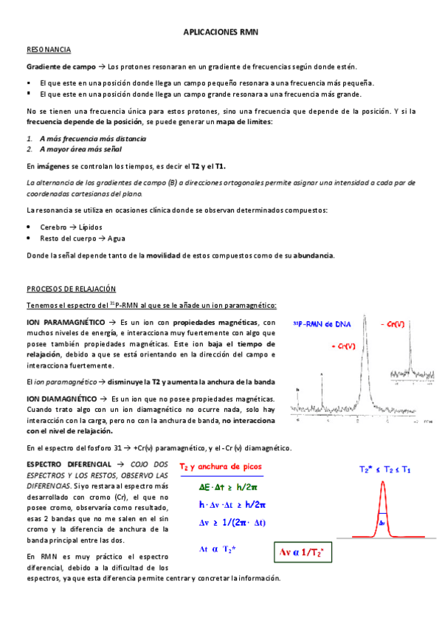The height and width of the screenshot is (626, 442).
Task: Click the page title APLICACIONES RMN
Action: pyautogui.click(x=221, y=33)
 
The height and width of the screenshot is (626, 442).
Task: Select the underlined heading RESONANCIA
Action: pyautogui.click(x=49, y=49)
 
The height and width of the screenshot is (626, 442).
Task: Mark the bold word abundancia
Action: pyautogui.click(x=314, y=255)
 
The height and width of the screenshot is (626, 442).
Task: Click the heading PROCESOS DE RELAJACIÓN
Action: pyautogui.click(x=76, y=289)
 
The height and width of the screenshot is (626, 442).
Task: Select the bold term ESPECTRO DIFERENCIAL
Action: pyautogui.click(x=65, y=464)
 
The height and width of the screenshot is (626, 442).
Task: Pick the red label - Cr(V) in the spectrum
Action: pyautogui.click(x=391, y=324)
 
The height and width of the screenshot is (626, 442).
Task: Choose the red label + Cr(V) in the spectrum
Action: pyautogui.click(x=344, y=345)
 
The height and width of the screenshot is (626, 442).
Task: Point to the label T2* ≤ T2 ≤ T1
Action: pyautogui.click(x=384, y=469)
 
